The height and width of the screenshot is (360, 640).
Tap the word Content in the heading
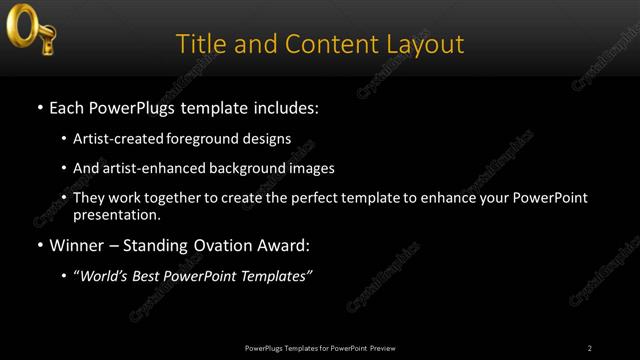point(327,44)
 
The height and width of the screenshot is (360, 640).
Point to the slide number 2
point(590,348)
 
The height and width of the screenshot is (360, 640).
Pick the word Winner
point(79,245)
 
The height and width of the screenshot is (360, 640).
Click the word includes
point(285,107)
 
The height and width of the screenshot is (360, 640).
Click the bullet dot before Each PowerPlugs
point(39,107)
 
